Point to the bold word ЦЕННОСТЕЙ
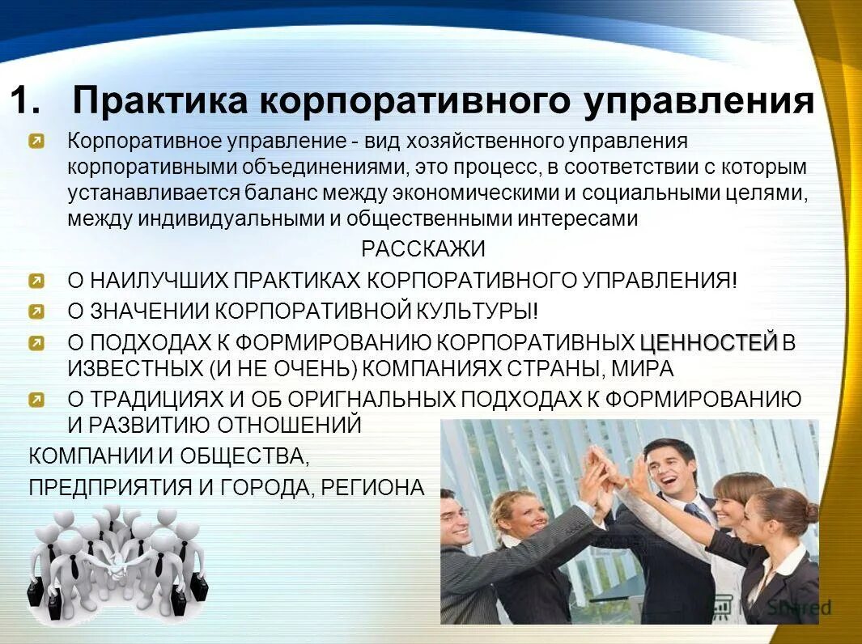coord(708,343)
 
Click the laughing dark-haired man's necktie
coord(697,513)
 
